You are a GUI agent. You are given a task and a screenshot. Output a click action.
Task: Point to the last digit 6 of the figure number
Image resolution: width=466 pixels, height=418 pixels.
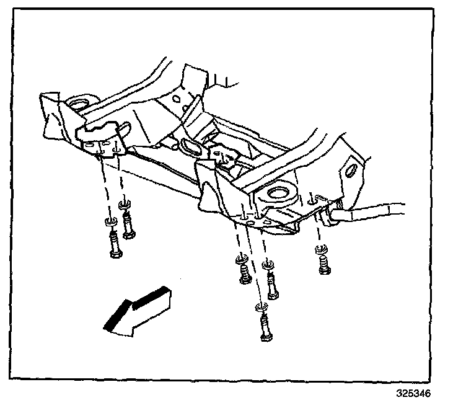tap(427, 394)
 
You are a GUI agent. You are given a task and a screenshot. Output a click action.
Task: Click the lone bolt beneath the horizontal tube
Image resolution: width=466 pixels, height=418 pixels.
tap(322, 266)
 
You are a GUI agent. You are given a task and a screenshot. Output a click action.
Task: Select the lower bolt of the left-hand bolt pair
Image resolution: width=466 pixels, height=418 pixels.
tap(115, 245)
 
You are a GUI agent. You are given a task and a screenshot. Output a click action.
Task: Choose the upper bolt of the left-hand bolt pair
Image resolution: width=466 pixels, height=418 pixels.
tap(128, 225)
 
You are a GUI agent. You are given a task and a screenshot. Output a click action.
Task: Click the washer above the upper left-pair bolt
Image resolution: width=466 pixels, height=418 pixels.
tap(123, 204)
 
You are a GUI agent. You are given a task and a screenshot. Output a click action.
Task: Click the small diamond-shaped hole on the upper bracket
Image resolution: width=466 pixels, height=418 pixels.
tap(178, 97)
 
